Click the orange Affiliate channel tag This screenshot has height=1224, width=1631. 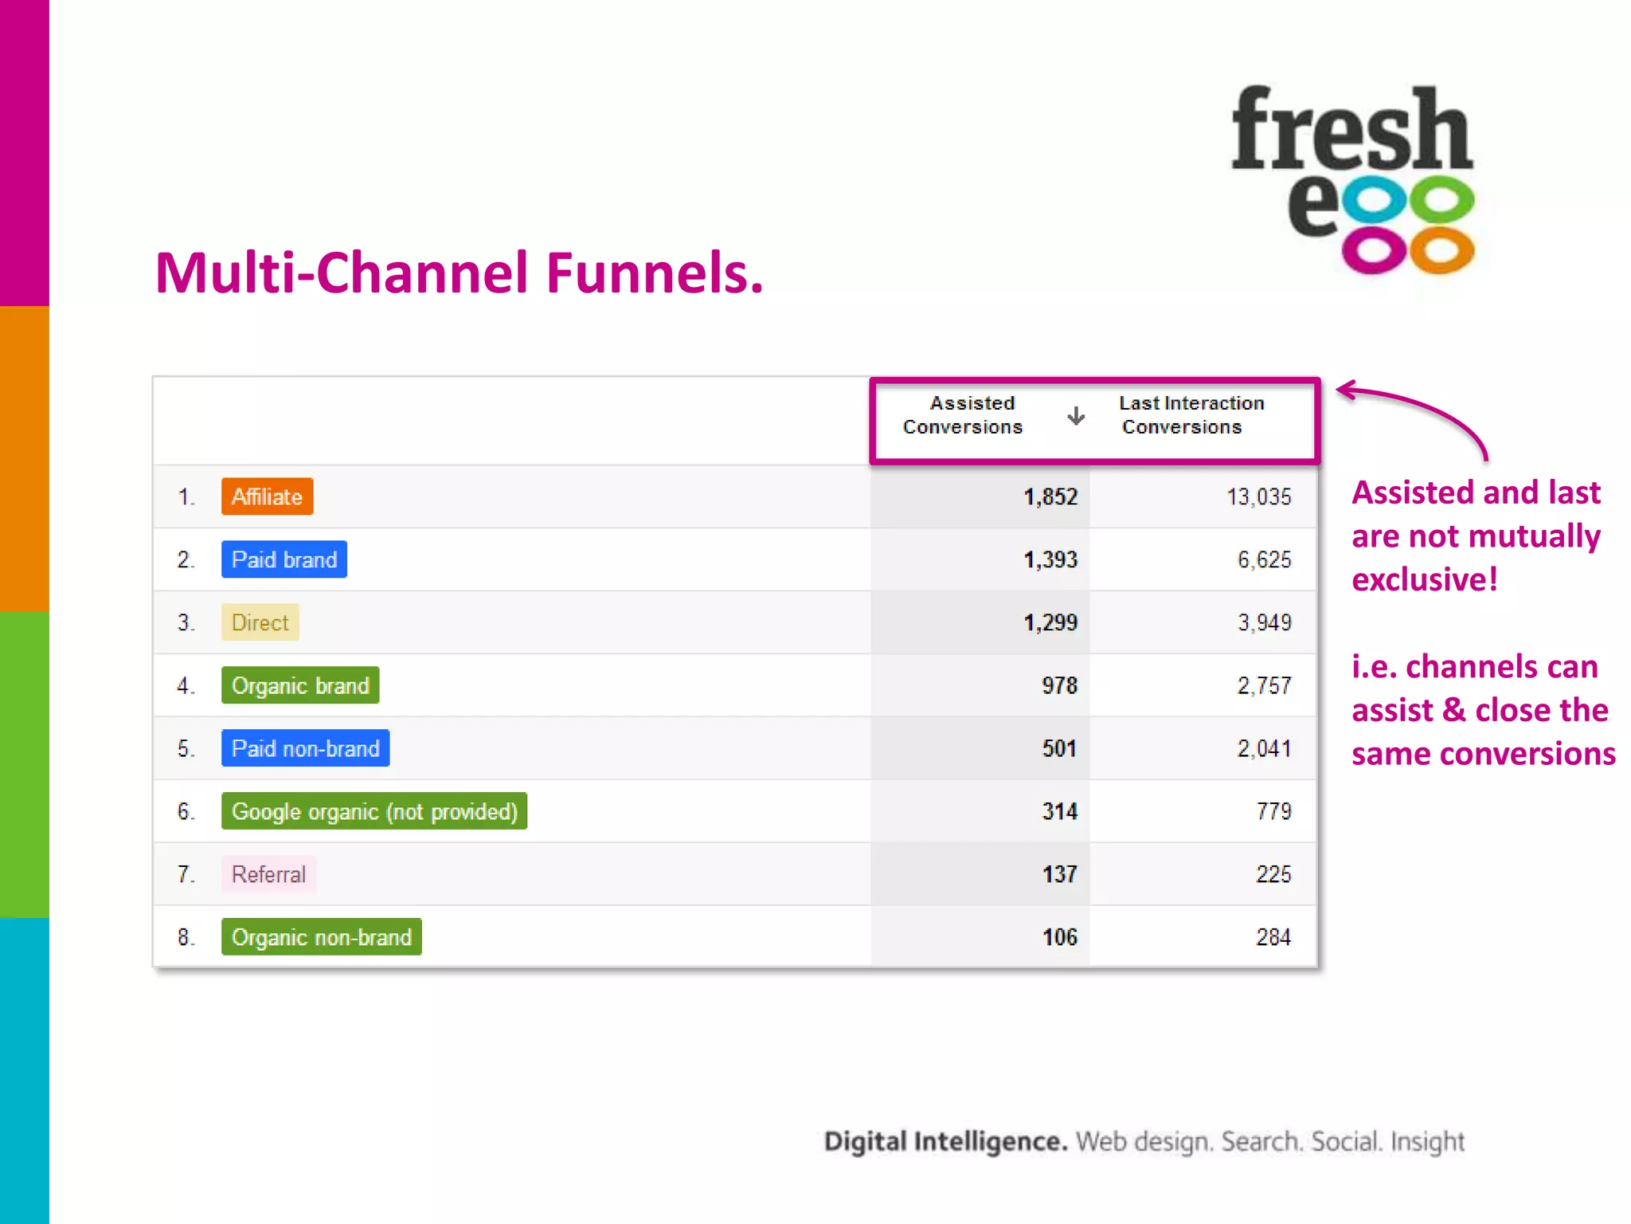pos(267,496)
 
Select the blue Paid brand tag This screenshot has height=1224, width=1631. pos(284,559)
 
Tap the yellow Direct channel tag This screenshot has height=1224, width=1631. pos(260,622)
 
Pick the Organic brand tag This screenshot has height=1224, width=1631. pos(300,685)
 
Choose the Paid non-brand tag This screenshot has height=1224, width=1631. pos(305,748)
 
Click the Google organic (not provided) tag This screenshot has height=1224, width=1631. pos(374,811)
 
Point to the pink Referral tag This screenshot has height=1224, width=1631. pos(268,874)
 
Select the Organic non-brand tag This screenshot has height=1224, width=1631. pos(321,937)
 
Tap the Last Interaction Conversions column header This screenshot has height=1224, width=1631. pos(1191,415)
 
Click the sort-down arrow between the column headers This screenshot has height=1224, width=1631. pos(1076,416)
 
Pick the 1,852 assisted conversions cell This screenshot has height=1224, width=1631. pos(1050,497)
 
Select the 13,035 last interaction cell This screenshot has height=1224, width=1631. pos(1258,497)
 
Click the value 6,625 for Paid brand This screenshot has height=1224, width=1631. pos(1264,560)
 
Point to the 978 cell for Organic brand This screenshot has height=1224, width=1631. pos(1059,686)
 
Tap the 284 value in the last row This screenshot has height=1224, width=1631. pos(1273,937)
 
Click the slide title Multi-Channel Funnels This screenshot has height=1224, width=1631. pos(460,273)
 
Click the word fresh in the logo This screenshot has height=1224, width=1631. pos(1351,130)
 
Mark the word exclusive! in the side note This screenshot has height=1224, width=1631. pos(1425,580)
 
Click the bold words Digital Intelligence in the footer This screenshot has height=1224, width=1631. pos(945,1142)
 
